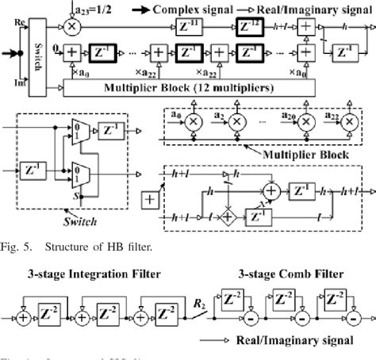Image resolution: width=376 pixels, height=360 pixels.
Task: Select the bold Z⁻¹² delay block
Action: (252, 28)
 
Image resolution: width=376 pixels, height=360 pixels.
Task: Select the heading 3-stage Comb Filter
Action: (290, 274)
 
